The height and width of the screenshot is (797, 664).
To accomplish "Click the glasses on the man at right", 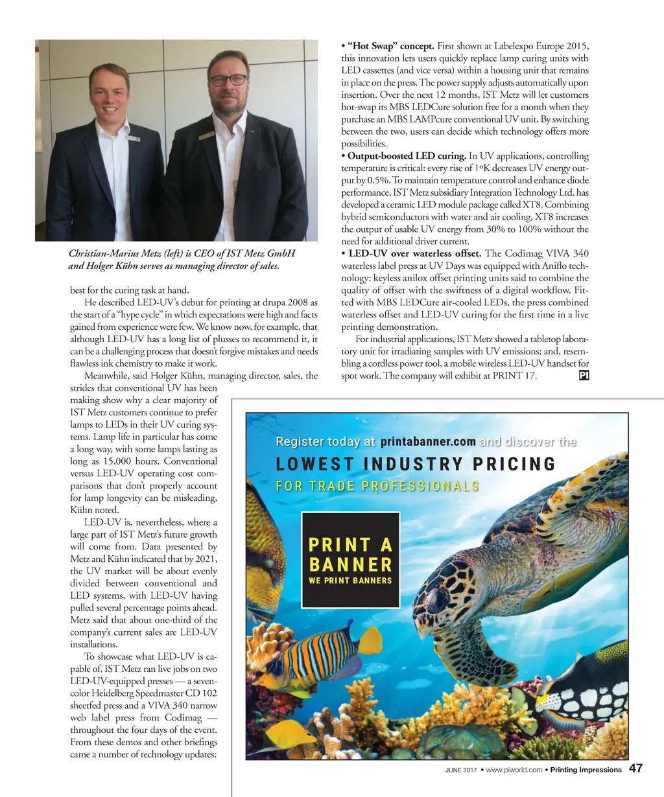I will pyautogui.click(x=228, y=80).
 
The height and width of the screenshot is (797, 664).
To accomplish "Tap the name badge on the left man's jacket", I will pyautogui.click(x=133, y=138).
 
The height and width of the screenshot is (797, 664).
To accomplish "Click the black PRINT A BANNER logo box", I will pyautogui.click(x=350, y=560).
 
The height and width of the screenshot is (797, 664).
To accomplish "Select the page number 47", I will pyautogui.click(x=636, y=769).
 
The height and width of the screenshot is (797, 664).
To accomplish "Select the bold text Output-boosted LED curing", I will pyautogui.click(x=407, y=156).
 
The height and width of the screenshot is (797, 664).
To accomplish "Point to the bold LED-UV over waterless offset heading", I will pyautogui.click(x=414, y=253).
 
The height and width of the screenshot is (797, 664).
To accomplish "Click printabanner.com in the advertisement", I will pyautogui.click(x=428, y=442).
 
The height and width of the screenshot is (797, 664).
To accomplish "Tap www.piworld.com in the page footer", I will pyautogui.click(x=514, y=770).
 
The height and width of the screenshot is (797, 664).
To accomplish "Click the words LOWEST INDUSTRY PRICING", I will pyautogui.click(x=416, y=464).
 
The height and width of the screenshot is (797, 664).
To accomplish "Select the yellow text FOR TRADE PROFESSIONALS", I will pyautogui.click(x=377, y=487).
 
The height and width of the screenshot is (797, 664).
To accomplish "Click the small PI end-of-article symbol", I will pyautogui.click(x=583, y=376).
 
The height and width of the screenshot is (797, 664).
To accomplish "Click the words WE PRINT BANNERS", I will pyautogui.click(x=350, y=581).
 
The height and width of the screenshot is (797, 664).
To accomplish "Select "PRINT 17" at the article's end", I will pyautogui.click(x=516, y=376).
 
